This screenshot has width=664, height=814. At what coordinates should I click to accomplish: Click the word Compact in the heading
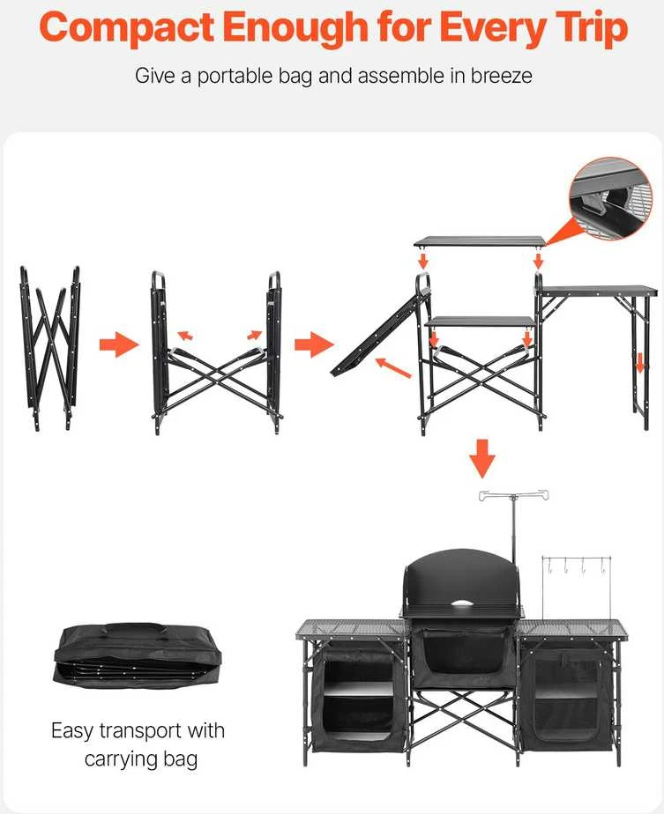click(127, 28)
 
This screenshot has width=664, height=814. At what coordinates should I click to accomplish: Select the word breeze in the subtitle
click(502, 76)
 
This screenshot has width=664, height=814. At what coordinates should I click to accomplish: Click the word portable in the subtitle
click(235, 77)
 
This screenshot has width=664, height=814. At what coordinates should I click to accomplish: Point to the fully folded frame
click(50, 348)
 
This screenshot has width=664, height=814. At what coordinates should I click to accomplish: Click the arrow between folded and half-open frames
click(119, 344)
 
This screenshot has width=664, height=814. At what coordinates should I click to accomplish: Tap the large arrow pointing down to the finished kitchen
click(482, 458)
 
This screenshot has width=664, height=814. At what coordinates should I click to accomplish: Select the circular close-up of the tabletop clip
click(610, 199)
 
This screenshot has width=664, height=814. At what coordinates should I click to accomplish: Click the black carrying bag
click(138, 655)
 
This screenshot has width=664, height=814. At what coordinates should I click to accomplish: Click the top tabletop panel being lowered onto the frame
click(480, 240)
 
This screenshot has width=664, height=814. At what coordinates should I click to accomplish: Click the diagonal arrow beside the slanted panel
click(393, 367)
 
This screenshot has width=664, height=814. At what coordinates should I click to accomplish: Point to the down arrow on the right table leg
click(639, 362)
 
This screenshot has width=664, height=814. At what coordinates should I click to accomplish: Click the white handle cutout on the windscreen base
click(466, 603)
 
